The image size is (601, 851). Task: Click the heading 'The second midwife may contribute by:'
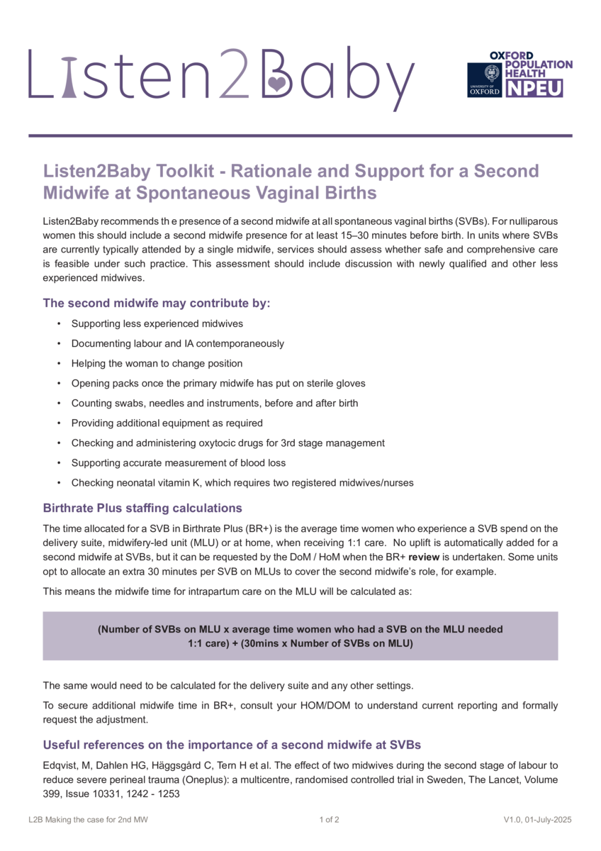click(157, 303)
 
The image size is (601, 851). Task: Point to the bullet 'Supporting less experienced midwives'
click(157, 323)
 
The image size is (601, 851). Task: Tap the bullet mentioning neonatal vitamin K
click(242, 482)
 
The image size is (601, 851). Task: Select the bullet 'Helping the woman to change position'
click(157, 363)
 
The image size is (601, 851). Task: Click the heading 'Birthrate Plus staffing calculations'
click(142, 508)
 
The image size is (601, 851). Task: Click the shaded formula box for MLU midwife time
click(300, 636)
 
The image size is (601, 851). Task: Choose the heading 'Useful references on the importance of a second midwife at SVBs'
click(232, 745)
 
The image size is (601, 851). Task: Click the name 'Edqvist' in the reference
click(61, 765)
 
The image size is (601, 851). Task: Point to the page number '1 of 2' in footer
click(330, 820)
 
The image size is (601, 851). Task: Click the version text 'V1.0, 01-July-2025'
click(537, 820)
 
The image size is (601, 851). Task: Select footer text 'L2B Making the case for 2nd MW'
click(89, 820)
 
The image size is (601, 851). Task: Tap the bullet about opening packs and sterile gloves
click(218, 383)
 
